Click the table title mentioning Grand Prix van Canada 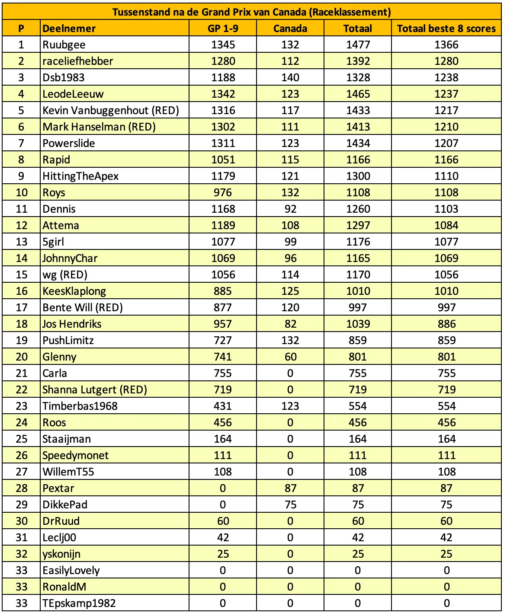[251, 12]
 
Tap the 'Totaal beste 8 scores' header [446, 29]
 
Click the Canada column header [290, 29]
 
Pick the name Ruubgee [64, 45]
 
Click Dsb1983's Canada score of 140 [290, 78]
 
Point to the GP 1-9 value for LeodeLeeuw [223, 94]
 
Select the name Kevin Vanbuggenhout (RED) [111, 111]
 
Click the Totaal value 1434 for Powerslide [358, 144]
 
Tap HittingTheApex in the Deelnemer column [80, 176]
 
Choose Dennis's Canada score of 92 [290, 209]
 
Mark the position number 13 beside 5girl [21, 242]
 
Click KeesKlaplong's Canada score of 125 [290, 291]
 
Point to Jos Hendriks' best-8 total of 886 [446, 324]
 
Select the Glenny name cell [59, 357]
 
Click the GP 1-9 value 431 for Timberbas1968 [223, 406]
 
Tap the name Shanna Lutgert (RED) [95, 390]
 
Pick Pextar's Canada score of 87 [290, 488]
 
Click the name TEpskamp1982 [79, 603]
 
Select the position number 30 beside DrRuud [21, 521]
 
